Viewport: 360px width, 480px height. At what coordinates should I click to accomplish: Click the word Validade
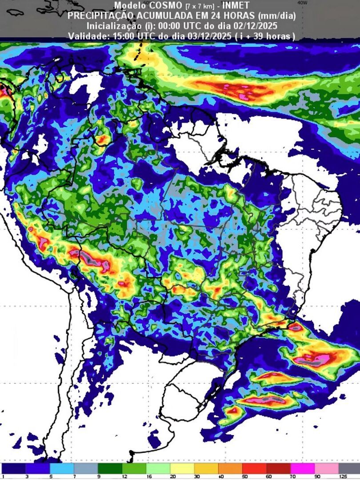87,36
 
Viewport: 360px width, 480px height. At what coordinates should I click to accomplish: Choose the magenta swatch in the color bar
302,468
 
